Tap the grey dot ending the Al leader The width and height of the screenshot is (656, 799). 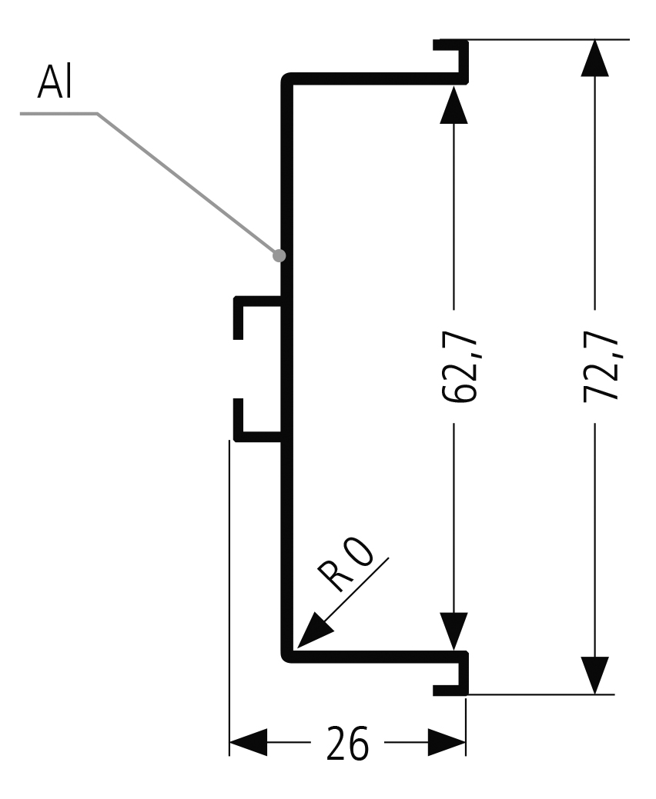pos(279,255)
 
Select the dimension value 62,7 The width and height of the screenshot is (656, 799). pos(460,370)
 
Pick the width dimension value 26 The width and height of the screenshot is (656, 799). pos(347,744)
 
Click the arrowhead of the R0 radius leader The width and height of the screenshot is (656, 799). pos(313,631)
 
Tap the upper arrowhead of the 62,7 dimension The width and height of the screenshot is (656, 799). pos(454,105)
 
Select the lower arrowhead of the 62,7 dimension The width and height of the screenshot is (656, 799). pos(454,631)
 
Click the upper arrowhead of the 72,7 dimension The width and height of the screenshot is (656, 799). pos(594,58)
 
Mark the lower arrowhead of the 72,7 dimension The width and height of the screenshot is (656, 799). pos(594,675)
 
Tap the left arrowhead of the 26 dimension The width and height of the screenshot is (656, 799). pos(248,744)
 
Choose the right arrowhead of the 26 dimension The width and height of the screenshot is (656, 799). pos(447,744)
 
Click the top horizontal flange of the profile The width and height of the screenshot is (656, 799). pos(370,78)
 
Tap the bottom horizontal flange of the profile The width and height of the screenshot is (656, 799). pos(370,656)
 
